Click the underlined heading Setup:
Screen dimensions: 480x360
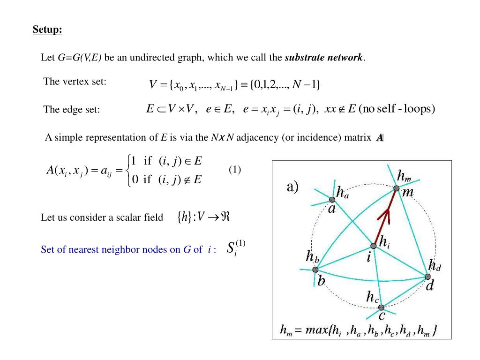tap(47, 30)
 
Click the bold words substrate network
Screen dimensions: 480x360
tap(324, 58)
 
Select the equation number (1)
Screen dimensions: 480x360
tap(235, 170)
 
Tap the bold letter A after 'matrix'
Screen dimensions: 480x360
tap(380, 137)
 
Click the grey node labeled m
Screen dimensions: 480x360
tap(396, 188)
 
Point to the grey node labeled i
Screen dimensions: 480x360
tap(374, 246)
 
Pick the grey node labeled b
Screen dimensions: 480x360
tap(315, 270)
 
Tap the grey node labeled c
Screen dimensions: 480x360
tap(381, 307)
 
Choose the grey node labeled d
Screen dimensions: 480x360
tap(427, 277)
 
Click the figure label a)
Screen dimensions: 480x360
tap(292, 187)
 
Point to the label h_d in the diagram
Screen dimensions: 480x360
tap(435, 266)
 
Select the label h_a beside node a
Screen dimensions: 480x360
tap(342, 192)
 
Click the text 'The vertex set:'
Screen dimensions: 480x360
tap(75, 82)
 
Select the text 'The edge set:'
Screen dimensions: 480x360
tap(72, 110)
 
